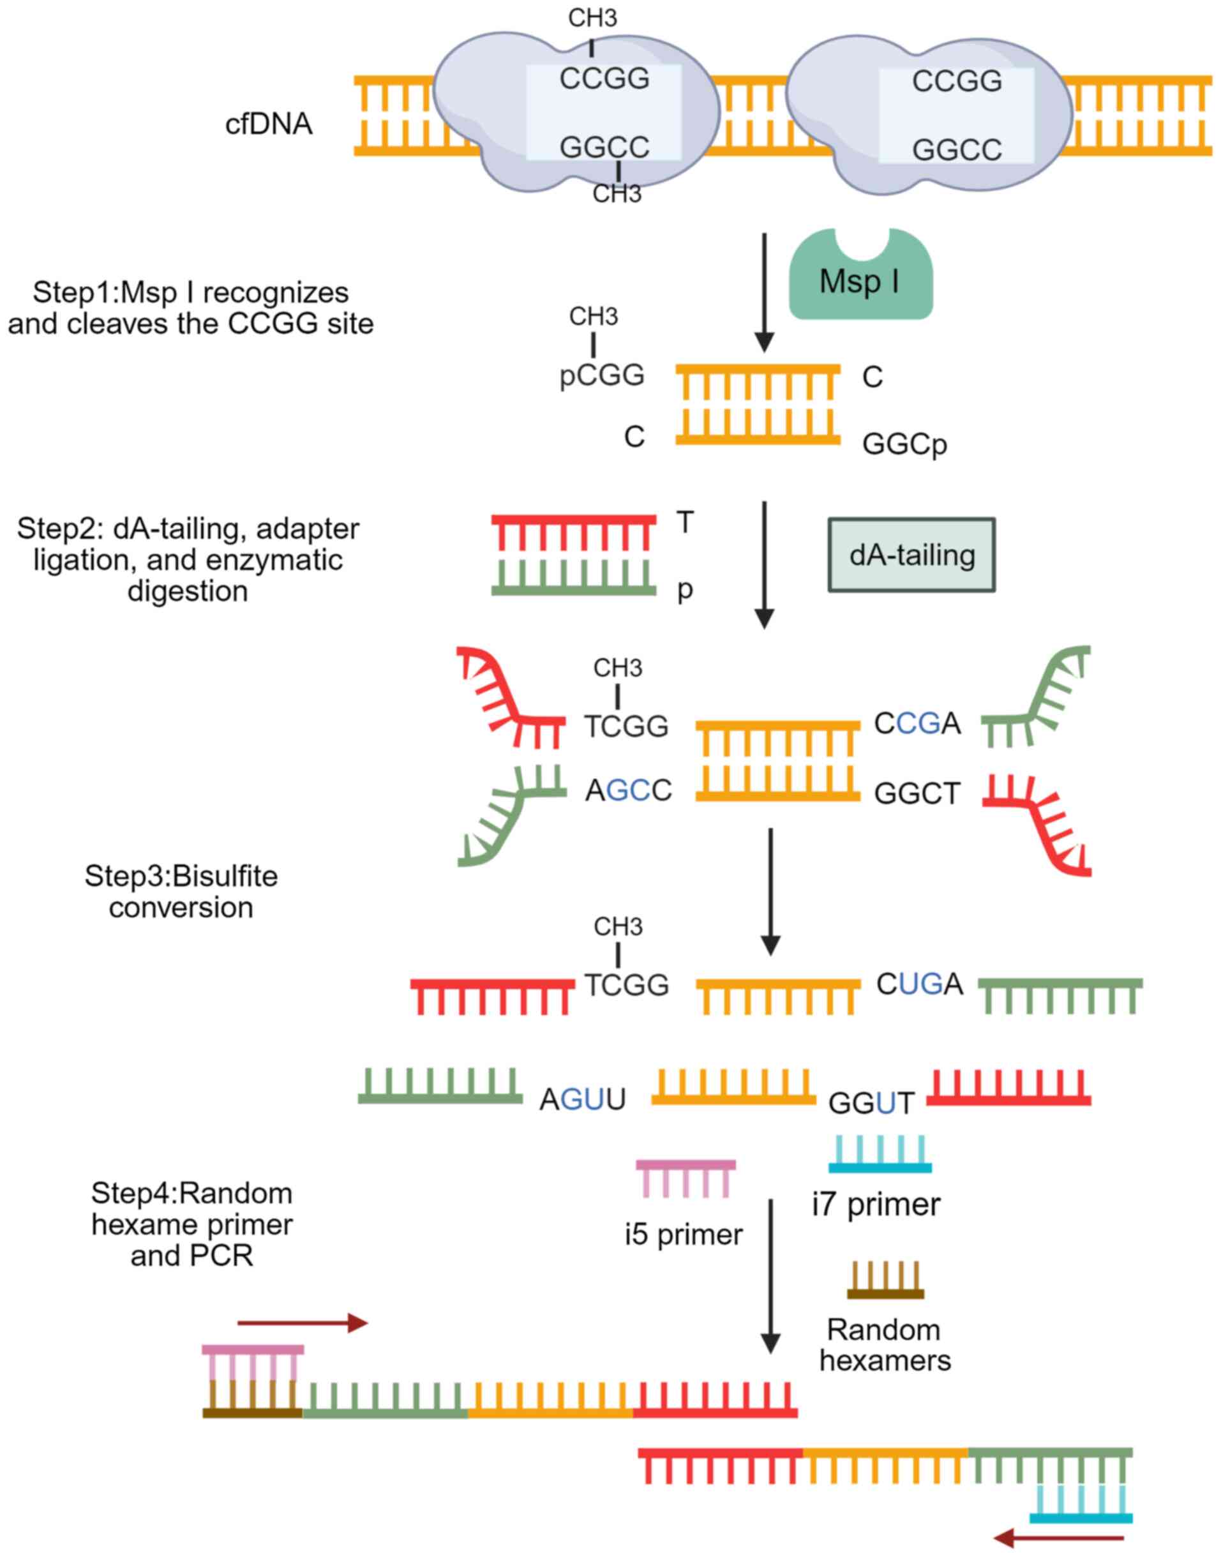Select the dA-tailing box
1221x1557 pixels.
911,555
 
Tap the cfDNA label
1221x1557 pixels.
269,124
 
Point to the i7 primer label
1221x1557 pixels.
876,1205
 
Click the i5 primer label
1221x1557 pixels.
684,1235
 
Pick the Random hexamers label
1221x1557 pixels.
885,1344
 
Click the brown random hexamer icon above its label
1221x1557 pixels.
885,1281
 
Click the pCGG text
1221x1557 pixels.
602,375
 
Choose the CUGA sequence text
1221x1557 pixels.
919,985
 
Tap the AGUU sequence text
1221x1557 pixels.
583,1099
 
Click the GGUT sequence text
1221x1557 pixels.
871,1103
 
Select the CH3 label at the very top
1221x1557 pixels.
592,18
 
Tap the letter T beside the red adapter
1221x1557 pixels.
685,523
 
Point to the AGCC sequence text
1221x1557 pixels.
629,791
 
